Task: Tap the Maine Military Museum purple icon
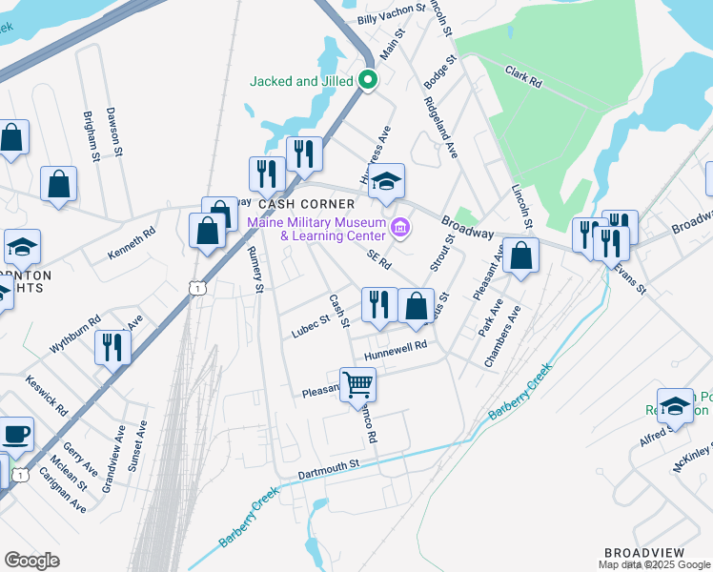coord(399,228)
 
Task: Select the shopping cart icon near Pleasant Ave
coord(357,384)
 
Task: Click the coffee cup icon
coord(15,435)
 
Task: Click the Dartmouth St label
coord(327,463)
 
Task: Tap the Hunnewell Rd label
coord(395,351)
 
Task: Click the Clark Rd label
coord(523,77)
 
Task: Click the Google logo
coord(31,561)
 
